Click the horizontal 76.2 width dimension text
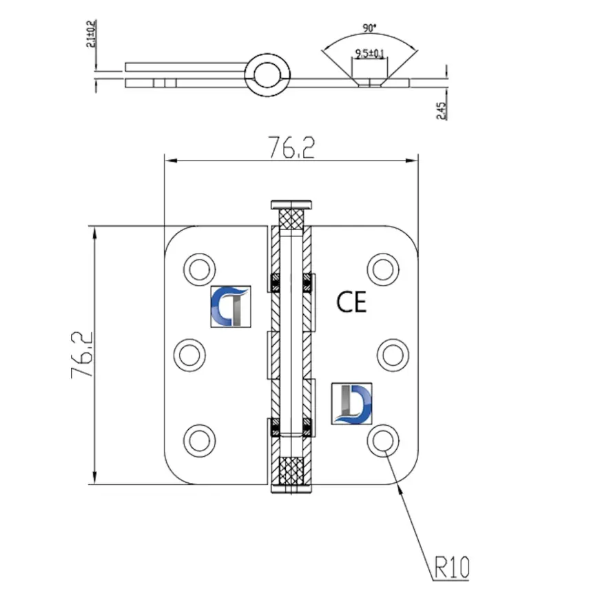(x=290, y=147)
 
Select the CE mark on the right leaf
(x=351, y=301)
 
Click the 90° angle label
(x=369, y=28)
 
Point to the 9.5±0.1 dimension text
(x=369, y=52)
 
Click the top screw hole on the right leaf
(x=382, y=267)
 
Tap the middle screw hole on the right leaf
(x=393, y=354)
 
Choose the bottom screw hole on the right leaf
(x=382, y=440)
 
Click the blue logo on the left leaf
(x=231, y=305)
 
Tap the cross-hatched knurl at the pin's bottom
(x=292, y=473)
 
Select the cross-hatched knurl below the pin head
(x=292, y=220)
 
